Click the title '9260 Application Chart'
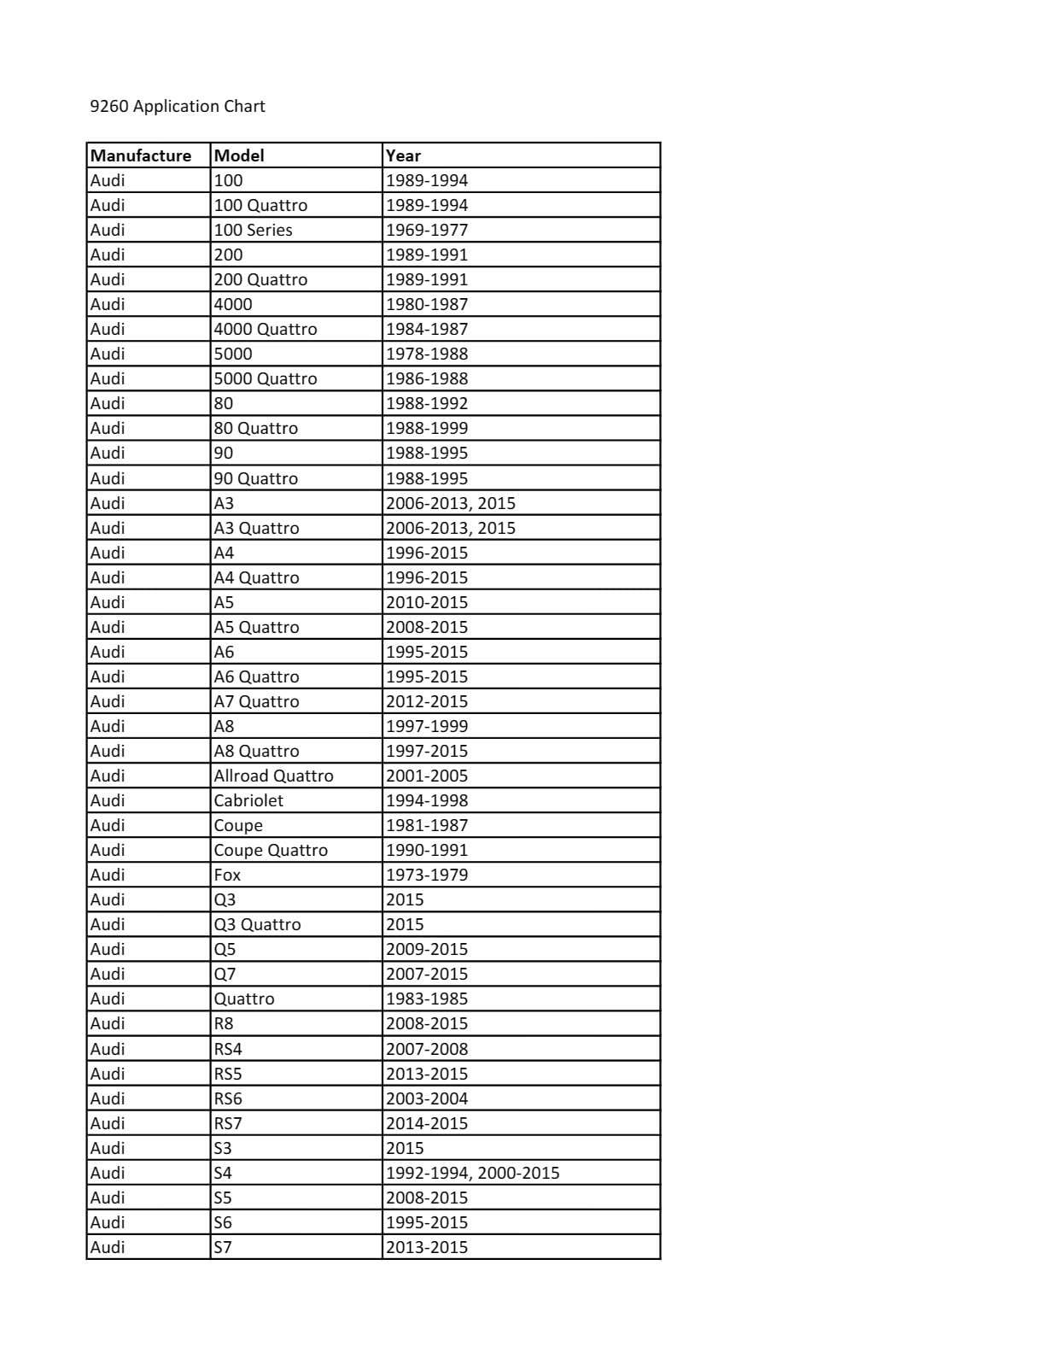(178, 106)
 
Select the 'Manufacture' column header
(141, 155)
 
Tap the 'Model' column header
(239, 155)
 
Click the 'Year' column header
(403, 155)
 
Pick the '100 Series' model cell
(253, 230)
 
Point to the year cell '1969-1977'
(427, 230)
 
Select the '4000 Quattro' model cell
(265, 329)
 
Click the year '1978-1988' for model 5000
(427, 354)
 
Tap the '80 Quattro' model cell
(255, 428)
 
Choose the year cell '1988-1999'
(427, 428)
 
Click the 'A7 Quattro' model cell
(256, 701)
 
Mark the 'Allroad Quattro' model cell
(273, 776)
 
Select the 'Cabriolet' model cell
(248, 800)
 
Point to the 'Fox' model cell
(227, 875)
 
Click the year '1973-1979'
(427, 875)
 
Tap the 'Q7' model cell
(225, 974)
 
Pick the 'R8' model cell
(224, 1023)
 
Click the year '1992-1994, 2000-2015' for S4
(472, 1173)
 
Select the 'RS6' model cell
(228, 1098)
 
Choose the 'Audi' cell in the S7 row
(108, 1247)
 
